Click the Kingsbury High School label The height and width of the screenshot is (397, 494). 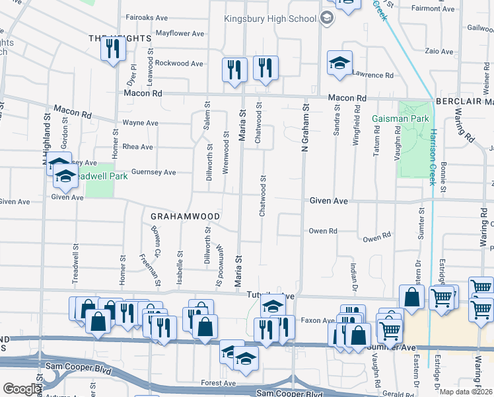click(x=270, y=19)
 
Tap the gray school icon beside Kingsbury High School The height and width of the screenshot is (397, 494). click(x=326, y=19)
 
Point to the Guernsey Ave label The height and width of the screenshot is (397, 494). click(x=153, y=172)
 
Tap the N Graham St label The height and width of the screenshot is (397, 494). click(x=305, y=126)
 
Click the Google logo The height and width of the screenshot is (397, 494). click(x=21, y=390)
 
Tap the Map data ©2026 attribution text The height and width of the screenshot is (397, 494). click(x=466, y=392)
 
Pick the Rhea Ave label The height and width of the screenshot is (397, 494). click(x=137, y=147)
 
